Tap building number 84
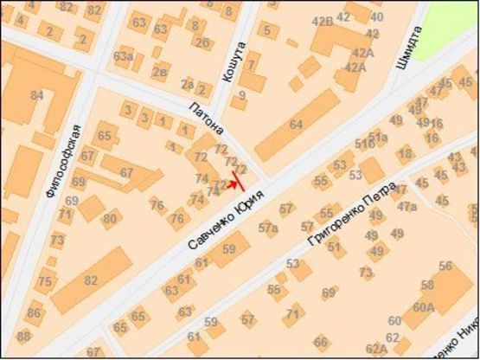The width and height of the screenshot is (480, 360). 36,94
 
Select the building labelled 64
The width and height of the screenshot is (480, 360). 296,125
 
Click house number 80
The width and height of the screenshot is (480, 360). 110,217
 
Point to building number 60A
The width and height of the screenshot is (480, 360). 423,306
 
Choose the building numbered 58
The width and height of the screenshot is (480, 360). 427,285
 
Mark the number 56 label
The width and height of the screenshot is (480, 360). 445,266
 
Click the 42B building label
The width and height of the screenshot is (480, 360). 322,21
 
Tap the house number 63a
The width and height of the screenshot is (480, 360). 123,57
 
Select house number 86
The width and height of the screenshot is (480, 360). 34,312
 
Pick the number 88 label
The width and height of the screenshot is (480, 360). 24,336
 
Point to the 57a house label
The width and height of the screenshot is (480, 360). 268,228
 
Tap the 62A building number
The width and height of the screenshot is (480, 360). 376,349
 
